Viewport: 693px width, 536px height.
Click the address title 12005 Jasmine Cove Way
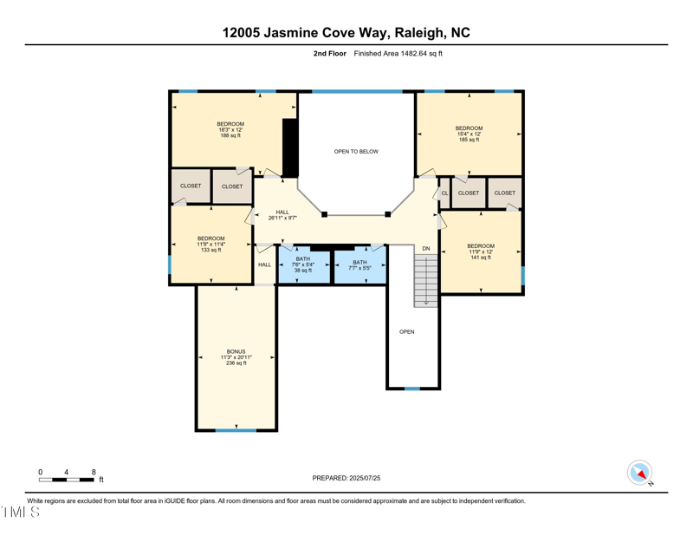[x=346, y=32]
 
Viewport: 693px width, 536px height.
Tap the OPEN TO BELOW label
[x=356, y=152]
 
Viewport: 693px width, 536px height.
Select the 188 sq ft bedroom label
[x=230, y=129]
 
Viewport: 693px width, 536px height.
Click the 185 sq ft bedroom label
[x=469, y=134]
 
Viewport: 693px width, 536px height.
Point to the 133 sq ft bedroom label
[x=210, y=244]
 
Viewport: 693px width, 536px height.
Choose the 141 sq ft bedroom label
[x=481, y=252]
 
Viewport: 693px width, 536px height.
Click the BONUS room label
[x=236, y=357]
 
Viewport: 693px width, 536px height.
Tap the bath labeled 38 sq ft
[x=302, y=265]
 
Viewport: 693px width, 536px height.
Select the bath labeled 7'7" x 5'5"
[x=359, y=265]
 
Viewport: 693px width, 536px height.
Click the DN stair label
[x=425, y=249]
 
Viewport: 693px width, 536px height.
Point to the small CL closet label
[x=444, y=193]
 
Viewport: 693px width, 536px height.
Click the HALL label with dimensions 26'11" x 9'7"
[x=282, y=215]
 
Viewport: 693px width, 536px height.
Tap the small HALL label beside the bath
[x=264, y=265]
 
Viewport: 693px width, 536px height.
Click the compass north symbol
[x=639, y=473]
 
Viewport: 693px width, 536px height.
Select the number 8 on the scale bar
[x=94, y=472]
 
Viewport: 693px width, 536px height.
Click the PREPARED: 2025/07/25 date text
[x=346, y=478]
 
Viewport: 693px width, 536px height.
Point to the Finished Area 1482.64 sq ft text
[x=398, y=54]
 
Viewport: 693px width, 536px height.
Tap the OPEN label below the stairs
[x=406, y=331]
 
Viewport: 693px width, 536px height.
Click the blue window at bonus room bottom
[x=236, y=429]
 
